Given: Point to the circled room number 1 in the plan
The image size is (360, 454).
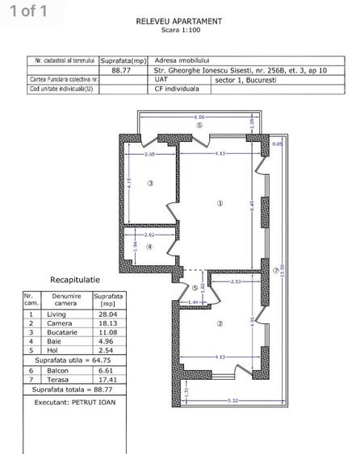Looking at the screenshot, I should pos(220,203).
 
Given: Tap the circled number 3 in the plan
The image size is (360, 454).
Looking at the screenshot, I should pos(150,184).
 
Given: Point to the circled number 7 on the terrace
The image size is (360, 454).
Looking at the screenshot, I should pos(275,270).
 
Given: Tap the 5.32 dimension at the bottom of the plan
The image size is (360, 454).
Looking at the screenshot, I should pos(232,400).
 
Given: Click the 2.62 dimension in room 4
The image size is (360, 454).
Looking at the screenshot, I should pos(149,235).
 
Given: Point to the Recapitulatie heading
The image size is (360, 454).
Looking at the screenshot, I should pos(75,279).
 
